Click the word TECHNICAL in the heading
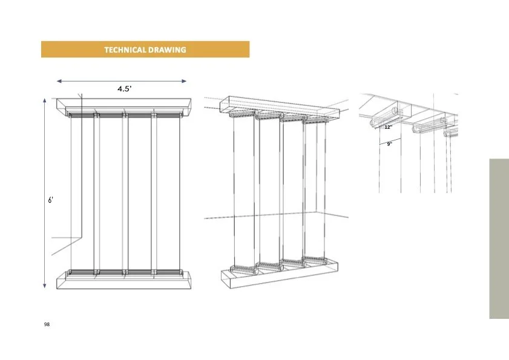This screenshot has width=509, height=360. point(125,50)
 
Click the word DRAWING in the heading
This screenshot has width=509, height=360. point(167,50)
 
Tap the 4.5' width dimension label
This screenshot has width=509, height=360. point(125,89)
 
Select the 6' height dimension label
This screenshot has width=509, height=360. point(51,200)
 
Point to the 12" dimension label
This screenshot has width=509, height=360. point(388,127)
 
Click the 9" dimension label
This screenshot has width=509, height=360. point(390,144)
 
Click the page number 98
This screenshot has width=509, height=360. point(47,324)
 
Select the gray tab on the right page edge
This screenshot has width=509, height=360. point(499,238)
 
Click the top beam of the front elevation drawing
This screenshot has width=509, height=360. point(123,106)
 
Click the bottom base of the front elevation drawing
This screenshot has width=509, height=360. point(123,280)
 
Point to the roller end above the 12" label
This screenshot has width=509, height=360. point(372,123)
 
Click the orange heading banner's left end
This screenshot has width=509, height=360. point(42,50)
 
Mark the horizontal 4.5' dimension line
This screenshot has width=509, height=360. point(122,81)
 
